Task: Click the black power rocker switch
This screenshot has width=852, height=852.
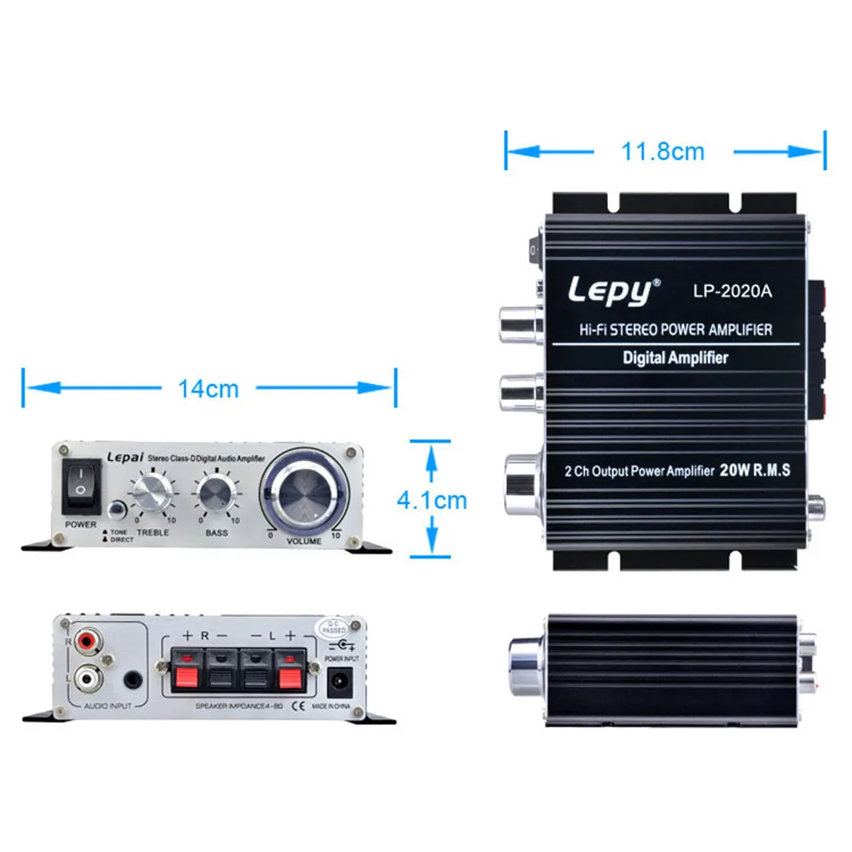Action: (x=80, y=481)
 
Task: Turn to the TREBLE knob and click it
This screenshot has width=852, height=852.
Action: (x=151, y=495)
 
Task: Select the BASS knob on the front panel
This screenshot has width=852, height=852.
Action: (x=215, y=495)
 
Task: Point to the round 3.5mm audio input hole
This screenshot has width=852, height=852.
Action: (x=132, y=680)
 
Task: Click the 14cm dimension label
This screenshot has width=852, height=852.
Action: (x=209, y=388)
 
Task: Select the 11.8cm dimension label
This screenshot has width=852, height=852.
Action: (x=663, y=152)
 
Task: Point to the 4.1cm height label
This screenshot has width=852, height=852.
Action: (x=432, y=500)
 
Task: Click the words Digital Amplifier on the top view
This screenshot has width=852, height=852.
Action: (x=676, y=357)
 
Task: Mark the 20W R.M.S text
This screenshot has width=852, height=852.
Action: (x=756, y=470)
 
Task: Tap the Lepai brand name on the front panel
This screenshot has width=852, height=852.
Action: (x=124, y=457)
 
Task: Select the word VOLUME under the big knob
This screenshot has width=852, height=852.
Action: (x=304, y=541)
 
